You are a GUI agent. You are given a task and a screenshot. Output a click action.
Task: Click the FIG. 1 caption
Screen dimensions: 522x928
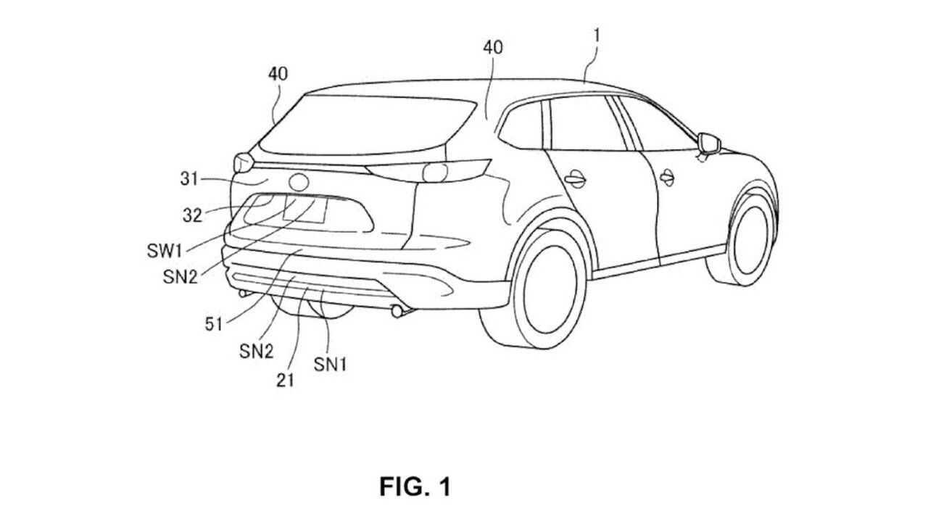click(x=415, y=486)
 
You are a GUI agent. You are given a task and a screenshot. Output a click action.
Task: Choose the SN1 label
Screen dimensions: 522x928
click(x=330, y=365)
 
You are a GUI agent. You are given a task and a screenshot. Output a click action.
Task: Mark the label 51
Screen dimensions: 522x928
click(x=214, y=325)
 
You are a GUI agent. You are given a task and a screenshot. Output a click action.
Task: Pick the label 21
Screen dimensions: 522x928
click(x=286, y=379)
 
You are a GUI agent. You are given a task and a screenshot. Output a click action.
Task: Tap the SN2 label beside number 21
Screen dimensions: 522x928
click(x=256, y=352)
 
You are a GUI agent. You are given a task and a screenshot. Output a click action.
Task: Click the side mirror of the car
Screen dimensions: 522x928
click(x=708, y=144)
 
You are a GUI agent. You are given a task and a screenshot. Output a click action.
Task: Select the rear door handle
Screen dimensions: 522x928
click(x=575, y=178)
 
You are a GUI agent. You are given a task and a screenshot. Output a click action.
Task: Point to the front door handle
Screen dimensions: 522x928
click(x=667, y=175)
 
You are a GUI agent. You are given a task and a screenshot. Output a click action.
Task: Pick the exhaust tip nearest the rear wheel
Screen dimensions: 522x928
click(x=398, y=312)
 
